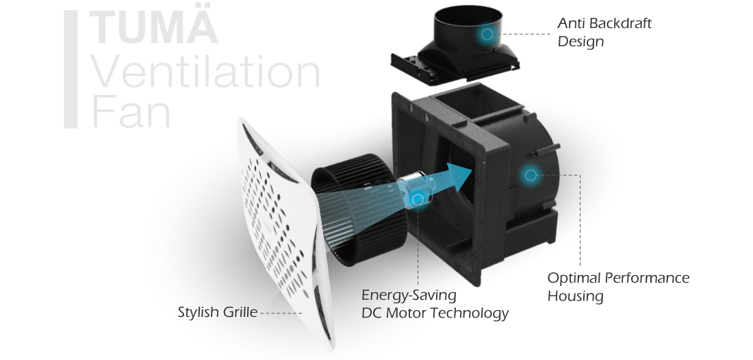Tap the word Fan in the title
coord(131,112)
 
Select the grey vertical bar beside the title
coord(71,69)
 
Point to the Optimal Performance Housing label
coord(617,287)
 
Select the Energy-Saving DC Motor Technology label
coord(434,305)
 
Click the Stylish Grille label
coord(217,313)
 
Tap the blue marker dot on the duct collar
coord(487,34)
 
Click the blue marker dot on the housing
coord(530,175)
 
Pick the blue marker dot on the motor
coord(418,199)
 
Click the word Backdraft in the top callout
coord(614,23)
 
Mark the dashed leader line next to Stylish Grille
coord(281,313)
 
